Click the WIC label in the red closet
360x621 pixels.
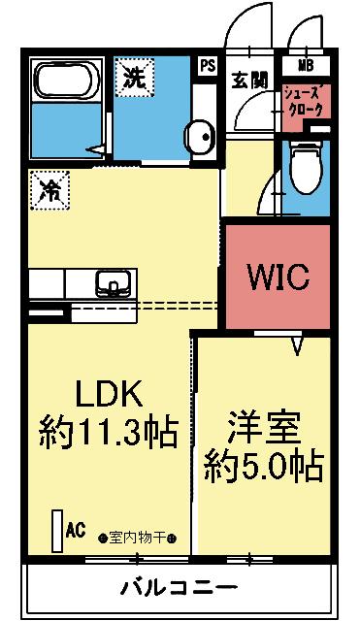[278, 278]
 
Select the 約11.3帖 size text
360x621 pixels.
[109, 430]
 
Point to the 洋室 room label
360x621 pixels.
[263, 428]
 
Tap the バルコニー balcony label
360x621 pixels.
[179, 589]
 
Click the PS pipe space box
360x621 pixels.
[207, 66]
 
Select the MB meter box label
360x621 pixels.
[305, 66]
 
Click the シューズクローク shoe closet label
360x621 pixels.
[306, 102]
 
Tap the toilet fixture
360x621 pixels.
[306, 165]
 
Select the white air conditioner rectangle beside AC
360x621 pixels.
[57, 532]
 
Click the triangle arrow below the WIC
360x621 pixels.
[299, 344]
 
